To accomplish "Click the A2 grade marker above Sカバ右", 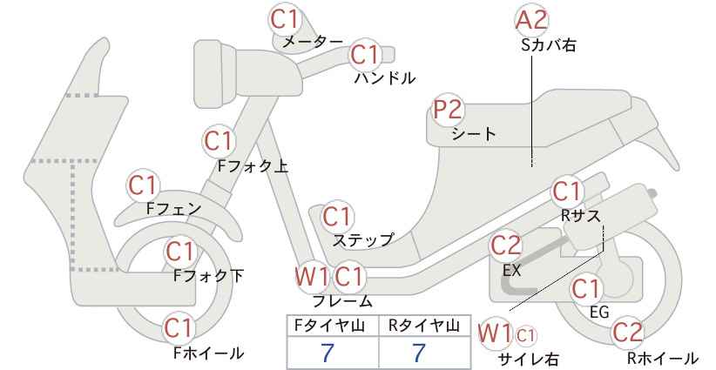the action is point(532,20).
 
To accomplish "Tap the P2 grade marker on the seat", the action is point(449,110).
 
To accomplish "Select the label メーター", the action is point(313,42).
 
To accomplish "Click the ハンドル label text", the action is point(385,78).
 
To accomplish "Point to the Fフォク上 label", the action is point(253,165).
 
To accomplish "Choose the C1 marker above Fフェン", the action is point(143,185).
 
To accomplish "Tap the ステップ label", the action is point(363,240).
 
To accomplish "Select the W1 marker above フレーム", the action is point(312,277).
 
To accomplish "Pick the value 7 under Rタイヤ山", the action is point(418,353).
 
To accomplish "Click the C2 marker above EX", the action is point(505,246).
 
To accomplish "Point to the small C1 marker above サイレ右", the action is point(525,336).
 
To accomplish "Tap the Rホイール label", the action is point(662,358).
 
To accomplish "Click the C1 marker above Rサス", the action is point(567,192).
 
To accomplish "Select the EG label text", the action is point(599,312).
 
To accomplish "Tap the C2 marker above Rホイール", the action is point(627,333).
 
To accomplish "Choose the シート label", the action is point(474,134).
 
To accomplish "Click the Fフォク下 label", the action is point(209,276).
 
